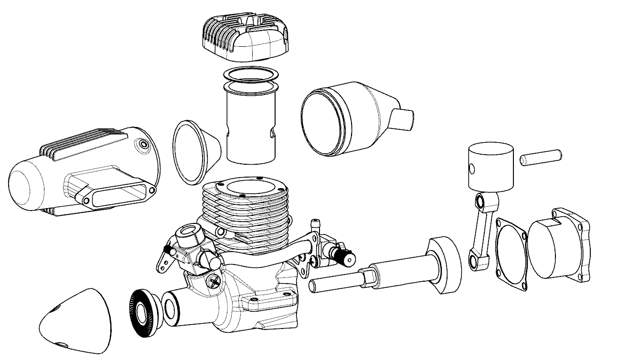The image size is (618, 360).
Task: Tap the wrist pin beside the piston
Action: point(541,158)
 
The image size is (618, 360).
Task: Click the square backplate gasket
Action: point(511,253)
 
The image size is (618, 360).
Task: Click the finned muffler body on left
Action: point(81,172)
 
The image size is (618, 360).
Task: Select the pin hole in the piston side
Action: point(471,169)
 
